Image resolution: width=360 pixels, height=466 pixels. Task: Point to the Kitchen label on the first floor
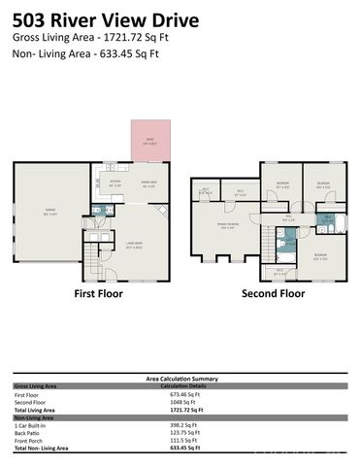115,182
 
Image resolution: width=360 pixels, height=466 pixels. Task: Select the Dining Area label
149,182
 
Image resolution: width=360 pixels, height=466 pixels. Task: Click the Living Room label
135,245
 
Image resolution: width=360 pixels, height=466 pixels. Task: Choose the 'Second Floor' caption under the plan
273,292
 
